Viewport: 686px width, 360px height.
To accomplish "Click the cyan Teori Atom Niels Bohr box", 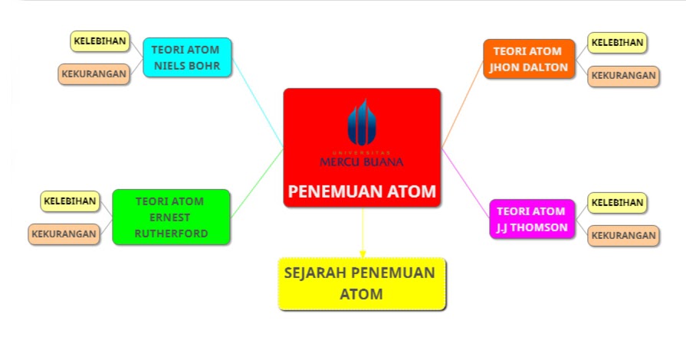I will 187,58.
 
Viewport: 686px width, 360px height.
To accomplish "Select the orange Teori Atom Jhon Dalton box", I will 528,59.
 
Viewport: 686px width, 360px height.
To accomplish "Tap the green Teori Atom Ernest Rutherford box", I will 171,217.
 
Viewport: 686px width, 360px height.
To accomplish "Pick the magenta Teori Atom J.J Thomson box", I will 531,219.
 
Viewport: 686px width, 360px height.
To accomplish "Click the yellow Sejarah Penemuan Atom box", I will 362,283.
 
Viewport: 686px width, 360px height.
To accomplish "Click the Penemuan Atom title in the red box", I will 362,191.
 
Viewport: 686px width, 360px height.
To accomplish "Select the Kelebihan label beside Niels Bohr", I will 100,41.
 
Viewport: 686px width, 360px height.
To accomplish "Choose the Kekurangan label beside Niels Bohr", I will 94,74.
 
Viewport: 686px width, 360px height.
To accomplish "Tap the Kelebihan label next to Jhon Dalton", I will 617,42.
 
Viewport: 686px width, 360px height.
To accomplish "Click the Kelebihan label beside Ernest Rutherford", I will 70,201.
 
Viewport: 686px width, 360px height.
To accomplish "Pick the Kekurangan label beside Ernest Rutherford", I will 64,234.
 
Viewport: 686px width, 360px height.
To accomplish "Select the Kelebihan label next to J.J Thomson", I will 617,202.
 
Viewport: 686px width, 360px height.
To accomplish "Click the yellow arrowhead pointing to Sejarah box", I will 362,253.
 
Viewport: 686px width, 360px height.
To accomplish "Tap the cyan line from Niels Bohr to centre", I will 258,103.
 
